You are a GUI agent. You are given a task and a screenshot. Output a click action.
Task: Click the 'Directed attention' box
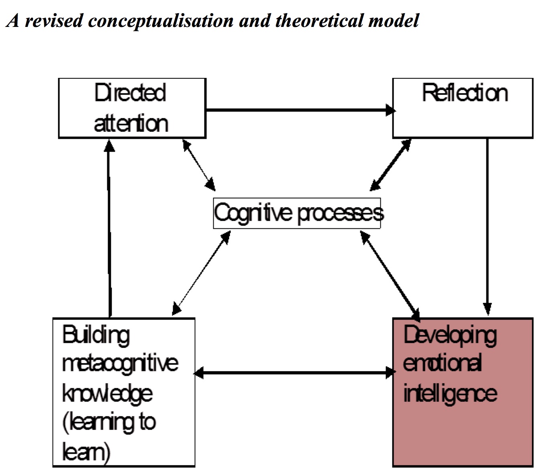pos(132,108)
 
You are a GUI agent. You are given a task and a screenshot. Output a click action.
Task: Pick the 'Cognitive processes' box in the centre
pos(297,213)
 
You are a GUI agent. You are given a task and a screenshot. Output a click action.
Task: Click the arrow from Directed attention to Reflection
pos(299,110)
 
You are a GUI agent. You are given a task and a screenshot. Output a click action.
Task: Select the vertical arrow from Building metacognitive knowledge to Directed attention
pos(109,229)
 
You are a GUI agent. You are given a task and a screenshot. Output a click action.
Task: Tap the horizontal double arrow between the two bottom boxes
pos(294,373)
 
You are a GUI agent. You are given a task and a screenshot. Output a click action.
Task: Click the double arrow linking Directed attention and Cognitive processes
pos(199,165)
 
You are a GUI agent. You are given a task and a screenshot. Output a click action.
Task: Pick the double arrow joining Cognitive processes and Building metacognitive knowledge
pos(201,273)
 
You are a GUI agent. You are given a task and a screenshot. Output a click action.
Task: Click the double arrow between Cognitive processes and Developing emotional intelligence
pos(390,276)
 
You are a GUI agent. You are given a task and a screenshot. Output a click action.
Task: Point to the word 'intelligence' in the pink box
pos(450,393)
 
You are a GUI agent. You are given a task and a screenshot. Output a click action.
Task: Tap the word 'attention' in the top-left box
pos(131,123)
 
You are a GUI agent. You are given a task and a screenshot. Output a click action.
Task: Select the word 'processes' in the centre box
pos(340,213)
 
